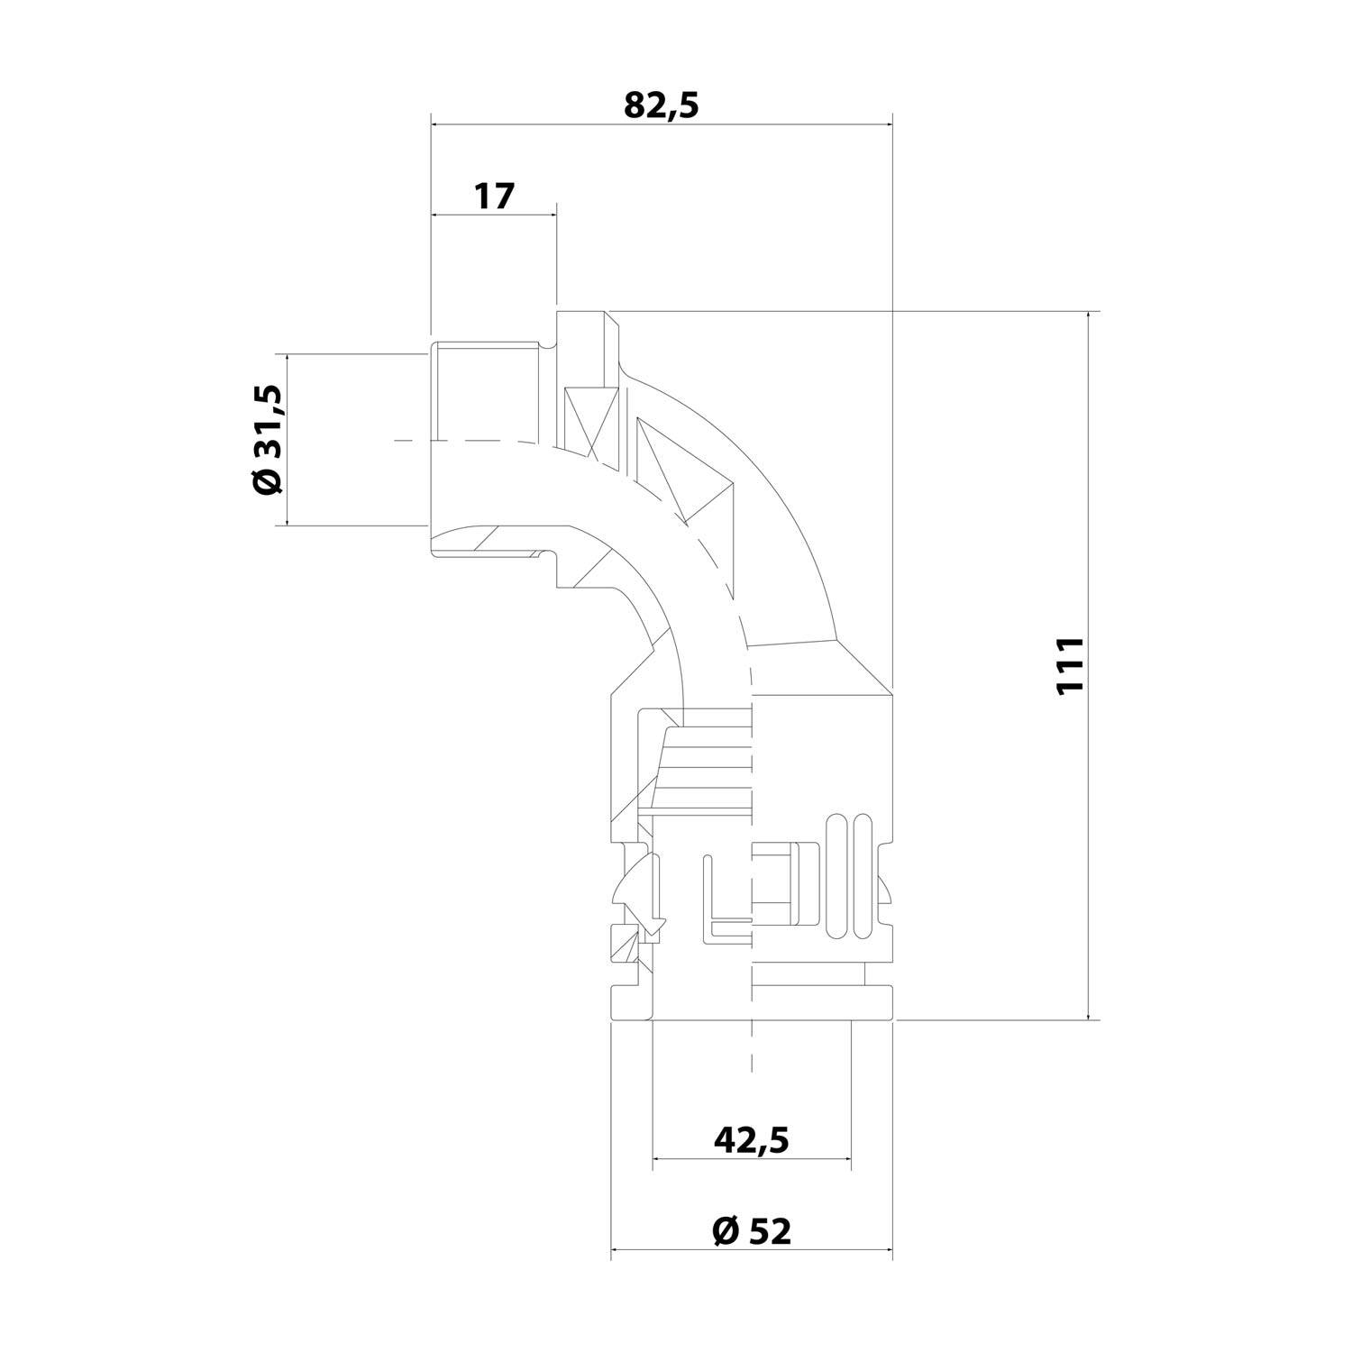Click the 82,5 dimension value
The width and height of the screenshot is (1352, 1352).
(x=662, y=105)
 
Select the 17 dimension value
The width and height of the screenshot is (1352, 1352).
(x=494, y=196)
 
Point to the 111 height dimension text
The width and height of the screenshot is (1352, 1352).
(x=1068, y=666)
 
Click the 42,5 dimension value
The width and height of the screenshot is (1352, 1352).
(x=752, y=1140)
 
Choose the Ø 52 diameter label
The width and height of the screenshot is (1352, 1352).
(x=752, y=1230)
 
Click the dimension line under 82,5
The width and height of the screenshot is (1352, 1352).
(x=662, y=125)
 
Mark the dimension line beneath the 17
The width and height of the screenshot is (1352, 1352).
(x=494, y=215)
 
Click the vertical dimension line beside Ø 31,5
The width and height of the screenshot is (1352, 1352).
(x=288, y=439)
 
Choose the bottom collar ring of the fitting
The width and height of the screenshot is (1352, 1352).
(x=752, y=1003)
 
